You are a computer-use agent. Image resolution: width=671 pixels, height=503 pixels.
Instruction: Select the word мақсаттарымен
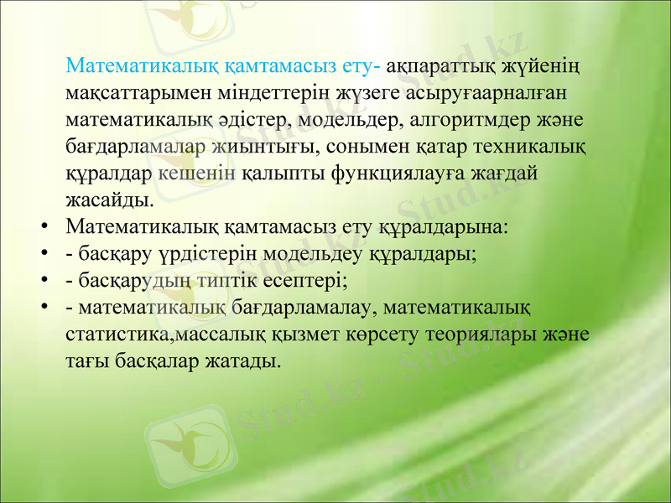coord(134,92)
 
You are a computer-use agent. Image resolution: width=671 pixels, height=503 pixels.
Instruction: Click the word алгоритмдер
coord(466,119)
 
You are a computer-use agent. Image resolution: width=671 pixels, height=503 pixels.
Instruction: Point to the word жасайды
coord(109,201)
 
